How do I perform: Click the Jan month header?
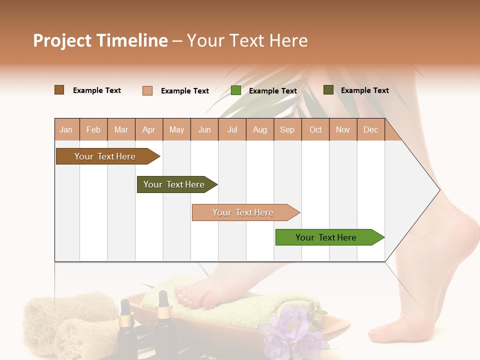coord(66,129)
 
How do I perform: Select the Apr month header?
coord(149,129)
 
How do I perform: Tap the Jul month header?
coord(232,129)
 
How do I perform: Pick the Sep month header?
coord(287,129)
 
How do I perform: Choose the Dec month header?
coord(370,129)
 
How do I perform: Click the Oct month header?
coord(315,129)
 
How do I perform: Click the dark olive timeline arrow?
coord(175,184)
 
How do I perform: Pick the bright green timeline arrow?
coord(327,237)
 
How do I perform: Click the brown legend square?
coord(59,90)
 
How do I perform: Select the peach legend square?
coord(147,90)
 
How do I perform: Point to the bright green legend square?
coord(236,90)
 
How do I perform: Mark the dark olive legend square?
coord(328,90)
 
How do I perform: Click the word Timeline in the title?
coord(132,40)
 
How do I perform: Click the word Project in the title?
coord(62,40)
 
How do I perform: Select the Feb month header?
coord(93,129)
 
